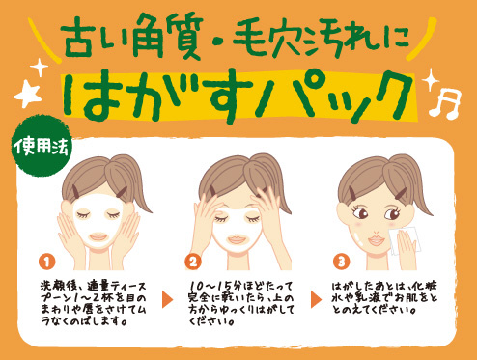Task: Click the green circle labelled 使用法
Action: coord(42,148)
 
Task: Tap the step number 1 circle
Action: coord(47,262)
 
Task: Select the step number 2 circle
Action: coord(193,262)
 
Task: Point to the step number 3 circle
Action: coord(341,262)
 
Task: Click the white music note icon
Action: coord(445,103)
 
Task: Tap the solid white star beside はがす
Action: coord(28,94)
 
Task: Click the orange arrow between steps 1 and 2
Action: coord(167,299)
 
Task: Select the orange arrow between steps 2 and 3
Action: coord(316,299)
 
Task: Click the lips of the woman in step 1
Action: coord(98,237)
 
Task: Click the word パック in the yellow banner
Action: coord(336,97)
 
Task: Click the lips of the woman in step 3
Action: coord(377,240)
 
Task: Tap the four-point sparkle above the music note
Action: coord(432,79)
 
